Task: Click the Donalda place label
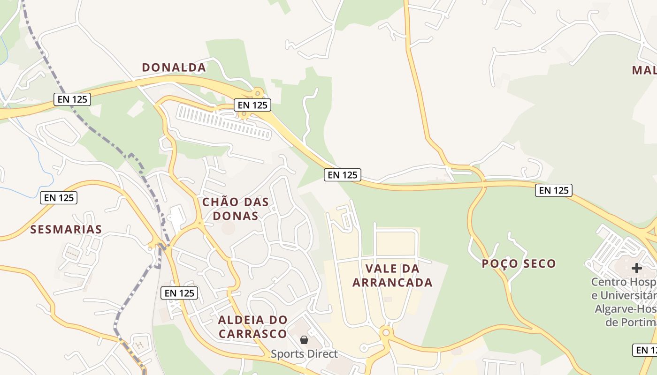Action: [x=174, y=67]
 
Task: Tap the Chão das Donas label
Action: [x=235, y=209]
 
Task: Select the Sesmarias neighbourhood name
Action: [x=66, y=229]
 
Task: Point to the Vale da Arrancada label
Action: [x=392, y=276]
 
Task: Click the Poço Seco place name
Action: [x=519, y=263]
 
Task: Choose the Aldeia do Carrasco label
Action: [x=252, y=327]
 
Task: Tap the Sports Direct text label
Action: [x=304, y=353]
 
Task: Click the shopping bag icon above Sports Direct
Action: [x=304, y=340]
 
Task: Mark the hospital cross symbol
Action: [x=636, y=268]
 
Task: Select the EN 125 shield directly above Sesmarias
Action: [x=59, y=198]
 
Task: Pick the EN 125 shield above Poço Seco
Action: [x=554, y=190]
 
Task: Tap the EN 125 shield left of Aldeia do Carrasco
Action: [x=179, y=293]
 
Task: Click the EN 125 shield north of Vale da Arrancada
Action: [x=343, y=175]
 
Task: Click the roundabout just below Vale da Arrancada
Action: [x=386, y=332]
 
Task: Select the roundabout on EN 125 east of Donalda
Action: [x=257, y=93]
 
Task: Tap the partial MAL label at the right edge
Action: [x=644, y=70]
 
